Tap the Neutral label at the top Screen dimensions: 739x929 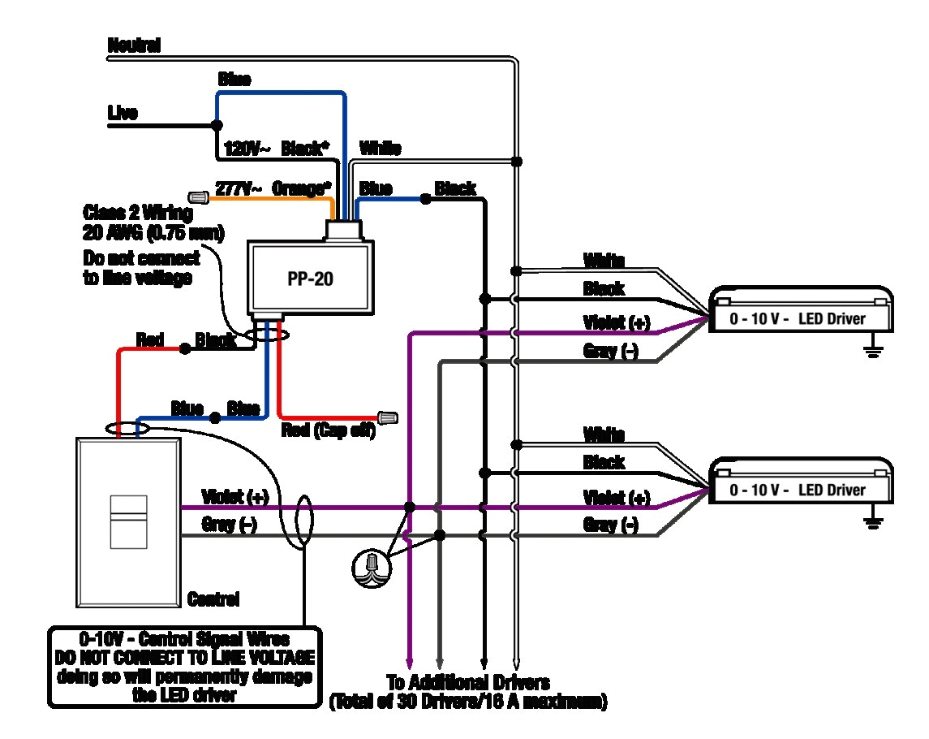[134, 45]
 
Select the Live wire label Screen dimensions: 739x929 [123, 113]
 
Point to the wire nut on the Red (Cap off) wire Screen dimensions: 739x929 [389, 419]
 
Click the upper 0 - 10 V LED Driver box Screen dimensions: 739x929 [801, 313]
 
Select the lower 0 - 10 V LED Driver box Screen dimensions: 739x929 [801, 485]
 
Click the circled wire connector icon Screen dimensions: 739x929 [372, 566]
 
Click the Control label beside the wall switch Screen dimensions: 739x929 [213, 600]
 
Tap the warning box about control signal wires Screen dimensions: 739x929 [184, 667]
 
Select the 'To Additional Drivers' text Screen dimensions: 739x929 [468, 682]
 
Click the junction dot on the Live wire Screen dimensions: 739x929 [217, 125]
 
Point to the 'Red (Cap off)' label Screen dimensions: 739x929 [328, 430]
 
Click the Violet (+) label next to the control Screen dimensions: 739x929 [234, 496]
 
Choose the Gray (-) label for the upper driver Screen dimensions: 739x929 [610, 351]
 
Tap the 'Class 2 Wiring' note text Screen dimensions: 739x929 [138, 214]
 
